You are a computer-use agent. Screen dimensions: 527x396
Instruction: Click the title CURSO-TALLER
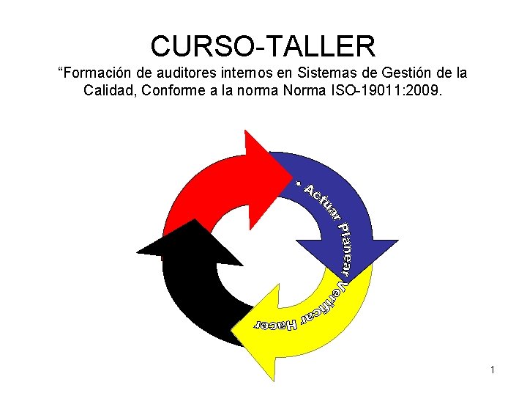coord(263,46)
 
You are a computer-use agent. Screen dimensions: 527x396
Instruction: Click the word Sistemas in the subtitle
coord(309,73)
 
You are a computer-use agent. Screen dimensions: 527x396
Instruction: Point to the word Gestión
coord(386,73)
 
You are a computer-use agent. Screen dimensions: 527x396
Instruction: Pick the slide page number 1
coord(493,370)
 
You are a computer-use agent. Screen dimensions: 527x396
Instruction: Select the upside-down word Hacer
coord(275,323)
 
